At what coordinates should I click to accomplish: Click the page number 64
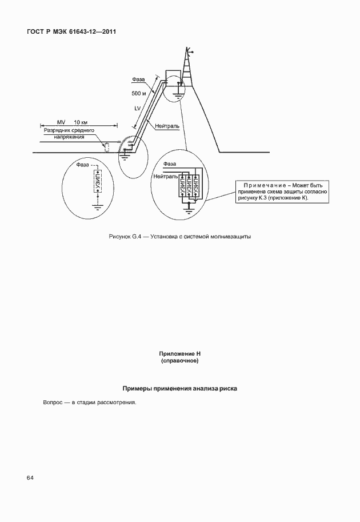point(30,477)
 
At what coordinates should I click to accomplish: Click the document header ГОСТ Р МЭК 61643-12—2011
point(71,32)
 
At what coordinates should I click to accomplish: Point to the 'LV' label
point(138,108)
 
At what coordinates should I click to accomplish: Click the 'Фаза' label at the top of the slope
point(139,79)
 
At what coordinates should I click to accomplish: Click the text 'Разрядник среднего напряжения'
point(69,134)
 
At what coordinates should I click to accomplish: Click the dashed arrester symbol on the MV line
point(106,148)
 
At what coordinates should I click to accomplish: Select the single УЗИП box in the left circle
point(98,184)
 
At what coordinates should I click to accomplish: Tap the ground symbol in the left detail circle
point(98,208)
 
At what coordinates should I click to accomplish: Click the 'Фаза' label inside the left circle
point(83,165)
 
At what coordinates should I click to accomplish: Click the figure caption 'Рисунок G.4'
point(179,237)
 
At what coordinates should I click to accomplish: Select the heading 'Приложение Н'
point(180,354)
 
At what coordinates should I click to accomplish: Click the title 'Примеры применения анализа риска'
point(180,389)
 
